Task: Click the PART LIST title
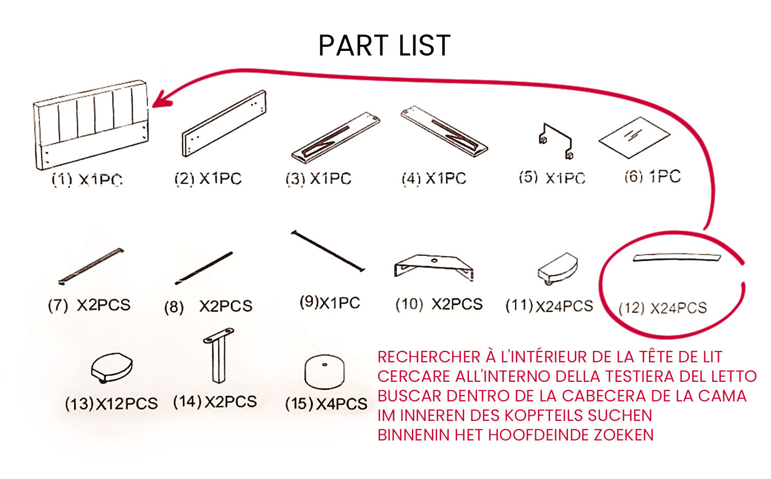click(x=384, y=45)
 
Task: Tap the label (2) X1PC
click(x=208, y=179)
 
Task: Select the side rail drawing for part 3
click(x=335, y=137)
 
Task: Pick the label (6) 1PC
click(x=652, y=177)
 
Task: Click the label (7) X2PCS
click(x=89, y=305)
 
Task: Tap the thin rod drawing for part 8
click(x=204, y=268)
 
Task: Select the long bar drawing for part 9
click(x=328, y=251)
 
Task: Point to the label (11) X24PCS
click(x=549, y=306)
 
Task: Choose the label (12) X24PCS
click(x=663, y=308)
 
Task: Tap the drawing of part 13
click(x=112, y=367)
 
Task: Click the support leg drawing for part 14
click(x=219, y=356)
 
